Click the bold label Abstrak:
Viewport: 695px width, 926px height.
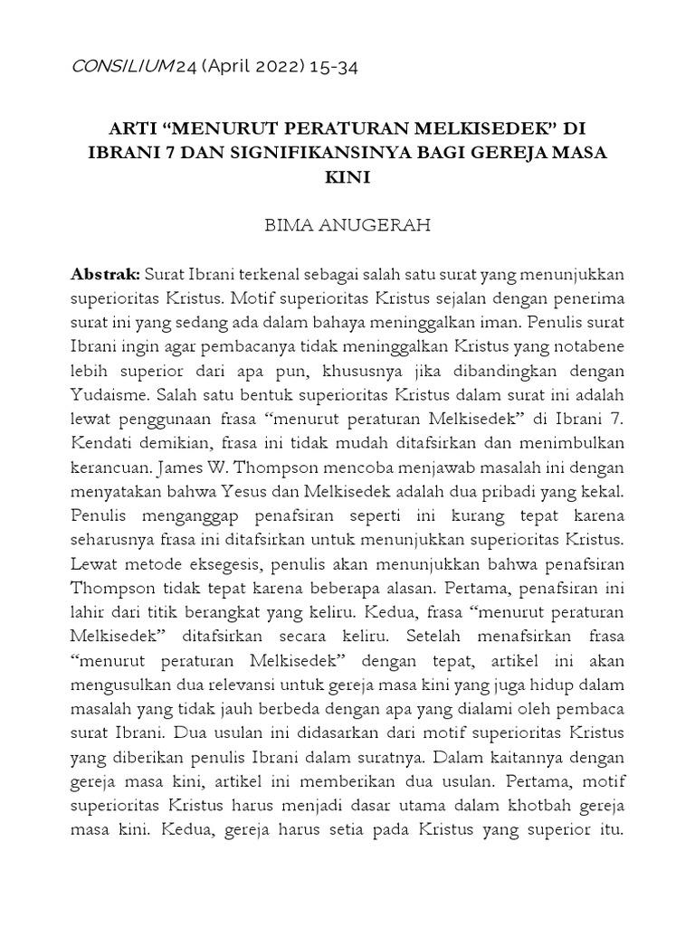[x=105, y=274]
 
